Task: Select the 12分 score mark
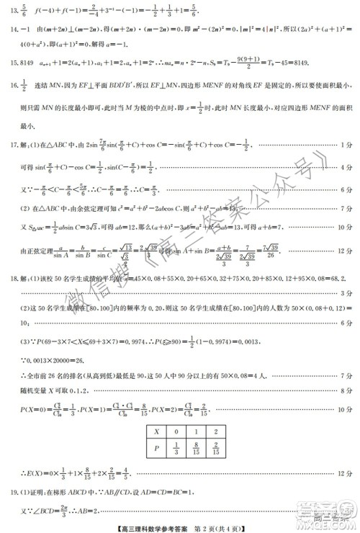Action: pyautogui.click(x=343, y=249)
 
